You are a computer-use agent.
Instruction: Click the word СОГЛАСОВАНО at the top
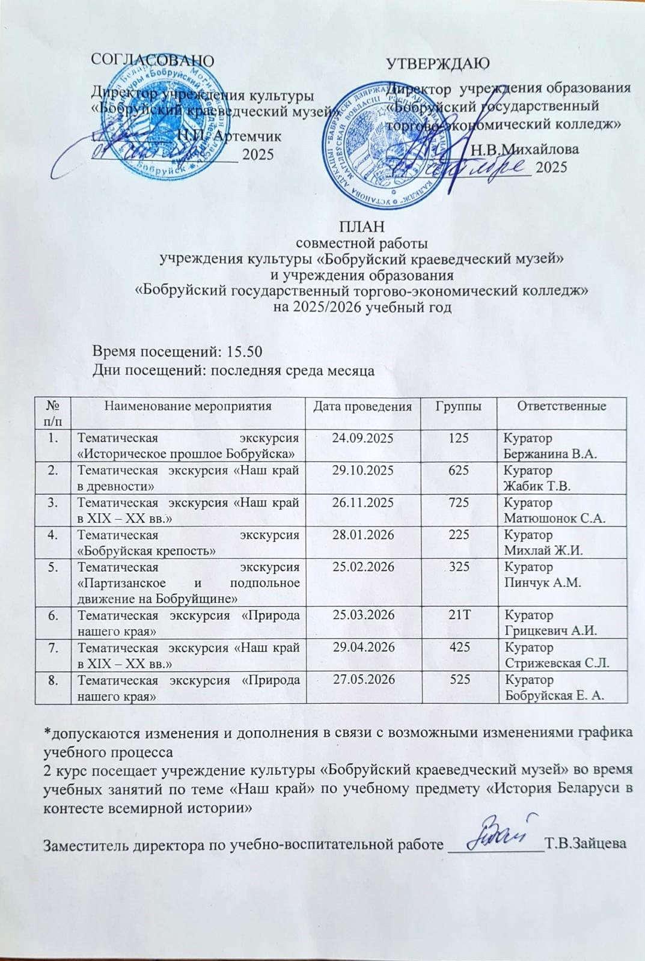point(151,60)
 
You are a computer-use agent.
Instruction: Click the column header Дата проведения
point(362,406)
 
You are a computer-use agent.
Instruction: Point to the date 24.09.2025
point(362,438)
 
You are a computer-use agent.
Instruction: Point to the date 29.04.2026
point(362,647)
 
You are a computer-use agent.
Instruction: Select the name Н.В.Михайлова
point(525,149)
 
